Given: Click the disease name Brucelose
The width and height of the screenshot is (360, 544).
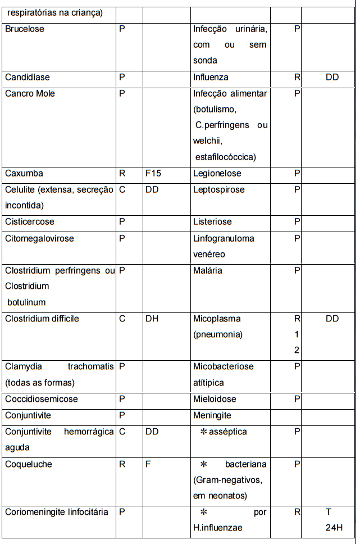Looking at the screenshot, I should (25, 29).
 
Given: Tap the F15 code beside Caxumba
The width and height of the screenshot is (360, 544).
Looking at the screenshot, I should (153, 174).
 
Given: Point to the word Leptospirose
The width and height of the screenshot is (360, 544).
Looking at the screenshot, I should (219, 190).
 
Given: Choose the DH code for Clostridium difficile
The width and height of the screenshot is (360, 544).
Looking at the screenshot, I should (152, 319).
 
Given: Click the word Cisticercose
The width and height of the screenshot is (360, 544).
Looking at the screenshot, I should (30, 222).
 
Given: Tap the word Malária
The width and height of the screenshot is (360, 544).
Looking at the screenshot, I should (207, 270).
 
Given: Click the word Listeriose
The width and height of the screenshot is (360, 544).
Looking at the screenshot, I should (212, 222).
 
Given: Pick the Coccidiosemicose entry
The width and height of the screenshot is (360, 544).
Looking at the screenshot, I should (42, 399).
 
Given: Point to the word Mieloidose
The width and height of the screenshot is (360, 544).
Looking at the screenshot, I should (215, 399).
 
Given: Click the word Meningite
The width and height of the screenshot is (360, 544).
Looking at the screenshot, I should (212, 415).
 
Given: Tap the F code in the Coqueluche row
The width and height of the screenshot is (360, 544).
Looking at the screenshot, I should (148, 464).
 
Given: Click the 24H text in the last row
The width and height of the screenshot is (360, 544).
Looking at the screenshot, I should (332, 528).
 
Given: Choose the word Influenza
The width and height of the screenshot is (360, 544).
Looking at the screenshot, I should (211, 77).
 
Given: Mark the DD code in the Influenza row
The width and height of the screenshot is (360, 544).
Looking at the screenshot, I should (332, 77).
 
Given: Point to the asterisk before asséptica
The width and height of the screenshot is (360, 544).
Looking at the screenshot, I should (204, 432).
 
